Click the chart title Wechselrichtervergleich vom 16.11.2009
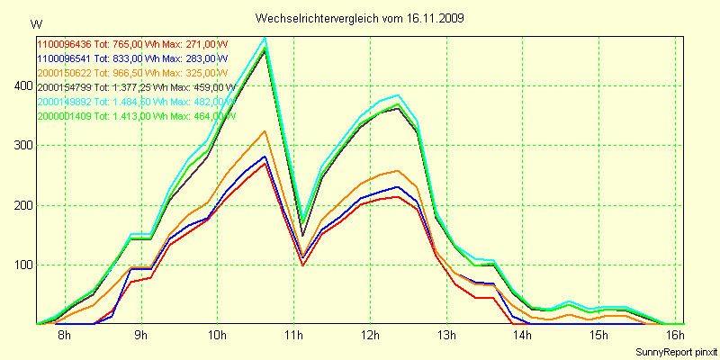[x=360, y=18]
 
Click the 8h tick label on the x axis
[x=65, y=336]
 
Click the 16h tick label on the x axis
[x=675, y=336]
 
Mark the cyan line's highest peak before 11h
[x=265, y=39]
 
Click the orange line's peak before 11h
[x=265, y=131]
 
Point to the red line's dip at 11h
[x=302, y=265]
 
